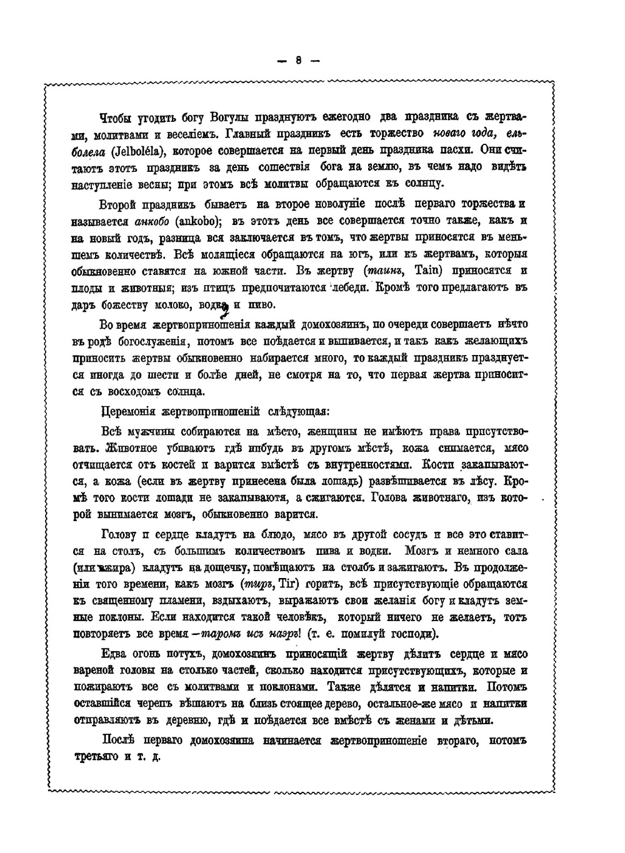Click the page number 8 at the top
tap(299, 61)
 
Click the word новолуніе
tap(339, 204)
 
